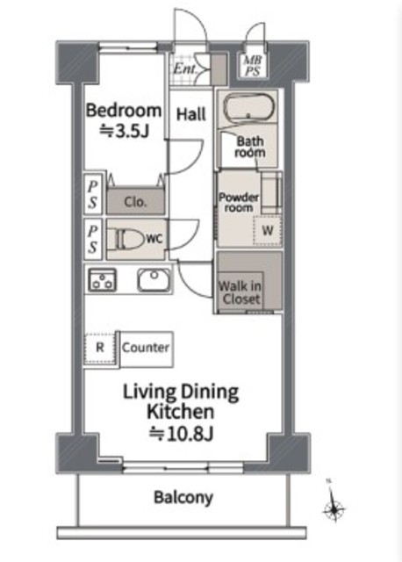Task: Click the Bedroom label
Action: pos(123,111)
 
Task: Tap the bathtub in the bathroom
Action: pos(248,107)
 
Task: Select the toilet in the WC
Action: pos(126,239)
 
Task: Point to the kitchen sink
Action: pos(154,280)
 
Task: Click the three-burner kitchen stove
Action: pos(102,279)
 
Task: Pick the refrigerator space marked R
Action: pos(100,348)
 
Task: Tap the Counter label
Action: pos(146,348)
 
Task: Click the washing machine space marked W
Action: pos(268,230)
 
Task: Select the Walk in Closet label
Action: pos(240,292)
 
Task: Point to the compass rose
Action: pos(334,508)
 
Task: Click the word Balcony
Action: pos(183,498)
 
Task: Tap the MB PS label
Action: pos(253,66)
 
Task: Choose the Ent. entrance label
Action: pos(185,68)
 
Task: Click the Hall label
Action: pos(191,114)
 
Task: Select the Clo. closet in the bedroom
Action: pos(135,201)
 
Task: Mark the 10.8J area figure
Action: pos(182,434)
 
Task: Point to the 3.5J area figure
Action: pos(124,131)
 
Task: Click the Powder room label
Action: pos(239,203)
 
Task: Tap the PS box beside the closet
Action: pos(93,194)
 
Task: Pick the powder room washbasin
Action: pos(271,193)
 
